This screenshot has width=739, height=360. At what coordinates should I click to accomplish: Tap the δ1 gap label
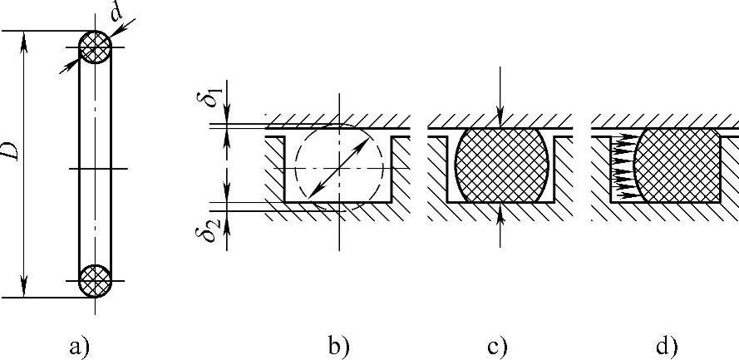214,95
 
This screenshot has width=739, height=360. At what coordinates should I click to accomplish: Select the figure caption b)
338,345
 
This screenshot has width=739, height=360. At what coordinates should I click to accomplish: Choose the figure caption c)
498,345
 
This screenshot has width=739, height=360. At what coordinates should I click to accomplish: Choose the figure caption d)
666,345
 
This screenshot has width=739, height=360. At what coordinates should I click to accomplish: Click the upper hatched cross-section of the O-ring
95,48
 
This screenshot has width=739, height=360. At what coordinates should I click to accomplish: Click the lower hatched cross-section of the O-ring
95,280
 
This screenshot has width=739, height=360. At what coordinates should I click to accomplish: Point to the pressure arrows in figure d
622,165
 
